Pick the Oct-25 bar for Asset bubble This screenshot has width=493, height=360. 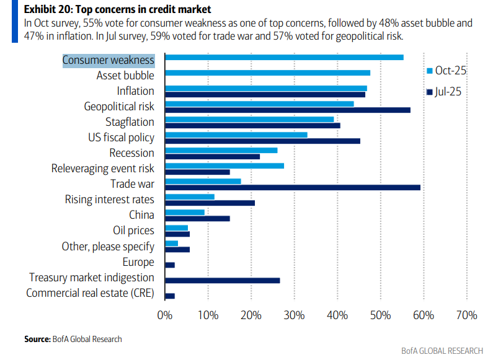coord(267,73)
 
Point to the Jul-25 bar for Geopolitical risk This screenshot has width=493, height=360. coord(288,110)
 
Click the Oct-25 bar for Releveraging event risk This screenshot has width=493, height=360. coord(224,165)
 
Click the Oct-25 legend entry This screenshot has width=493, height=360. coord(446,70)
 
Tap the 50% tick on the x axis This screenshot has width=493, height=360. coord(380,315)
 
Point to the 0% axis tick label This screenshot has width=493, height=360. coord(164,315)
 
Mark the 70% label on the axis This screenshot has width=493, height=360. coord(466,315)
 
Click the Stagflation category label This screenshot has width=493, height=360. coord(130,122)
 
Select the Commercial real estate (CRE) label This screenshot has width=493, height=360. coord(90,292)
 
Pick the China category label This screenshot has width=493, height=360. coord(141,215)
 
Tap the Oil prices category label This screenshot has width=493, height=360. coord(133,230)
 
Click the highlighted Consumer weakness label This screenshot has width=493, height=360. coord(109,60)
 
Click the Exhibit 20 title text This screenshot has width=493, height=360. coord(109,9)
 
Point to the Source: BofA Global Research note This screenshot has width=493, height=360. coord(73,339)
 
